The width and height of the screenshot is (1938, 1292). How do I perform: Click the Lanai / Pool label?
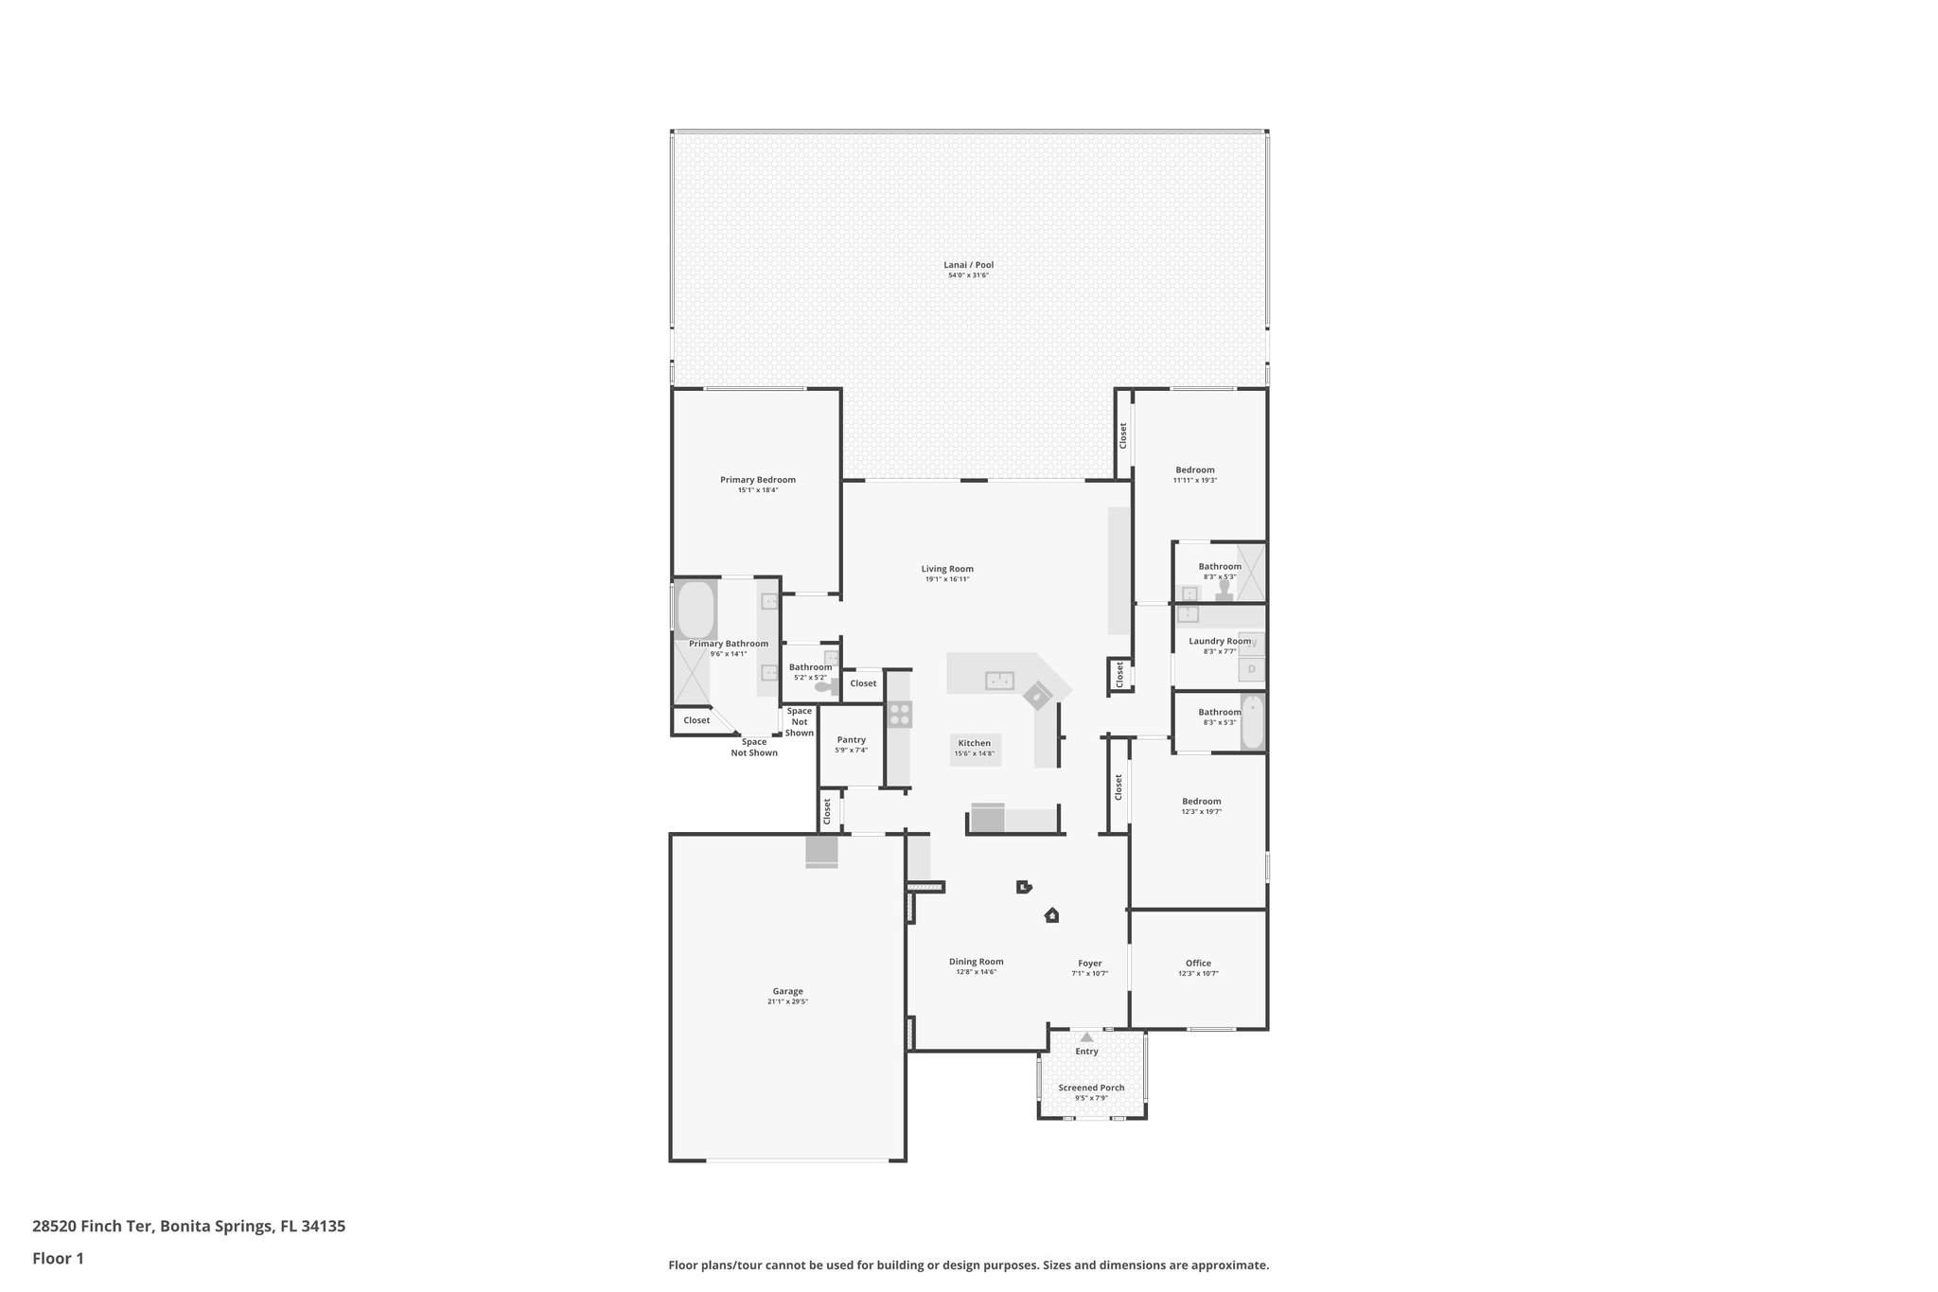pyautogui.click(x=968, y=265)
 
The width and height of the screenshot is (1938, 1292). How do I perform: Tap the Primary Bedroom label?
pyautogui.click(x=757, y=480)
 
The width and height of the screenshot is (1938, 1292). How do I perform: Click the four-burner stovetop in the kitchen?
pyautogui.click(x=899, y=714)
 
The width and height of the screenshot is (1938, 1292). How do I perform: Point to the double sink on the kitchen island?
pyautogui.click(x=999, y=680)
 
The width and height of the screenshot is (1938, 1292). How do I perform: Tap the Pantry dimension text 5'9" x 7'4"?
pyautogui.click(x=851, y=751)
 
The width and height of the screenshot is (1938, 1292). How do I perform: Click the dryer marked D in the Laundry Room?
pyautogui.click(x=1251, y=669)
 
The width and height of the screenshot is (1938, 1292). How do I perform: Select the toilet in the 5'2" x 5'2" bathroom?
pyautogui.click(x=824, y=686)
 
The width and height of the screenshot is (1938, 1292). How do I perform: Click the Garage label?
pyautogui.click(x=787, y=991)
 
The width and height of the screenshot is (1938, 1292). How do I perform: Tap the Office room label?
pyautogui.click(x=1198, y=963)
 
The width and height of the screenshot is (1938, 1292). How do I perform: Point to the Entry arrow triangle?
pyautogui.click(x=1086, y=1037)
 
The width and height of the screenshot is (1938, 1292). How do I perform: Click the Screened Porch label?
pyautogui.click(x=1091, y=1088)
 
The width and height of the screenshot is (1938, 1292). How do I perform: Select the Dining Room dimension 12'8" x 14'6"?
pyautogui.click(x=976, y=972)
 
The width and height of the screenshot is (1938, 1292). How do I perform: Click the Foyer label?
pyautogui.click(x=1089, y=963)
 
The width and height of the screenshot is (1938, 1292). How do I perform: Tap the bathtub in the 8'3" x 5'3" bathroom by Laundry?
pyautogui.click(x=1252, y=722)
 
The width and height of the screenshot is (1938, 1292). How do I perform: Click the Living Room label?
pyautogui.click(x=946, y=569)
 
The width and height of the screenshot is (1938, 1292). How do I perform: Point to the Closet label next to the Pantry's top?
pyautogui.click(x=863, y=683)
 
